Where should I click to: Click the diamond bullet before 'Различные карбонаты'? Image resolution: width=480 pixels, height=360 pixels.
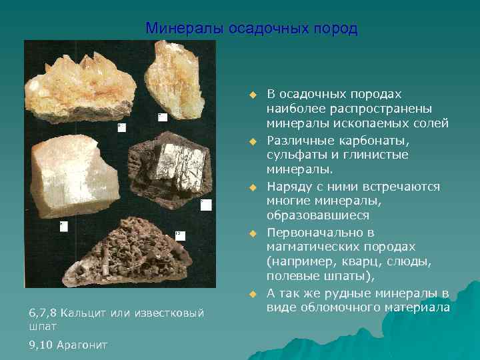tap(253, 141)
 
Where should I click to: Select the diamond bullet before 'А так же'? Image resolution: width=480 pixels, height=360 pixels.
tap(253, 293)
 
